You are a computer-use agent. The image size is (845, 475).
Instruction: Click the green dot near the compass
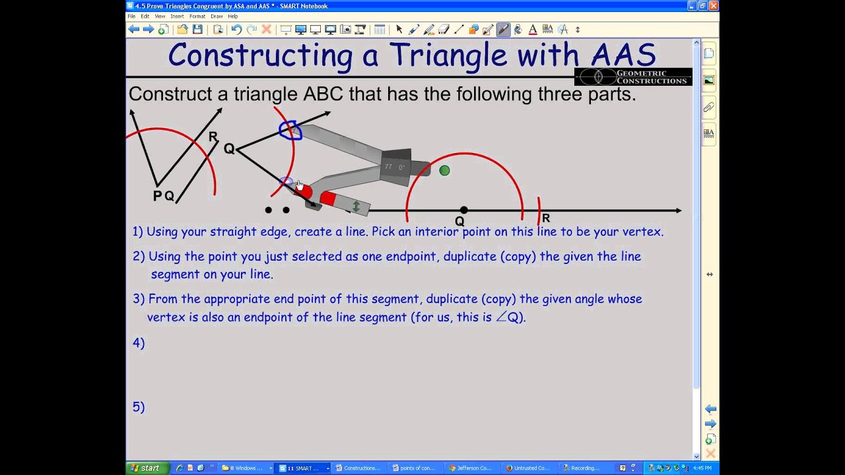pos(444,170)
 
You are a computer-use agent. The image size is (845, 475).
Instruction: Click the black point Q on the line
pos(463,210)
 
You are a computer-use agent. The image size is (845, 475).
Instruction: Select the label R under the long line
pos(546,218)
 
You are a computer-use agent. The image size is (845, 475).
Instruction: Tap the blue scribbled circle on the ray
pos(290,131)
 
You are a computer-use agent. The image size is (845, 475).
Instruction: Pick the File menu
pos(131,16)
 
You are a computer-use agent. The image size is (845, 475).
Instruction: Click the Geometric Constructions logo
pos(632,77)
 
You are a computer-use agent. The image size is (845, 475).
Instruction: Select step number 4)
pos(139,343)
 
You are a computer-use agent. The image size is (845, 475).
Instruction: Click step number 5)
pos(139,407)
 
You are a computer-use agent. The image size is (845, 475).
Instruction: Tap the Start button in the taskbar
pos(145,468)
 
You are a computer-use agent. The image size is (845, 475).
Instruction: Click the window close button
pos(713,6)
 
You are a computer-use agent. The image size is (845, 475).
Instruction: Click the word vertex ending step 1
pos(642,232)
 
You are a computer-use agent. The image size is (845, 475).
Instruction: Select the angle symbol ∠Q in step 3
pos(509,317)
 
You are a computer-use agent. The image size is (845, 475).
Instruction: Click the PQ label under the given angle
pos(163,196)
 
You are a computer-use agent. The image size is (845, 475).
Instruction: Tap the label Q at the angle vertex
pos(229,149)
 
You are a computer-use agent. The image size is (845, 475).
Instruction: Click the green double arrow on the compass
pos(356,206)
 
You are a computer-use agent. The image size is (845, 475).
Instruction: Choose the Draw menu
pos(217,16)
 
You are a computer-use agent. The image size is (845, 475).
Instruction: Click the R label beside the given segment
pos(213,137)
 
